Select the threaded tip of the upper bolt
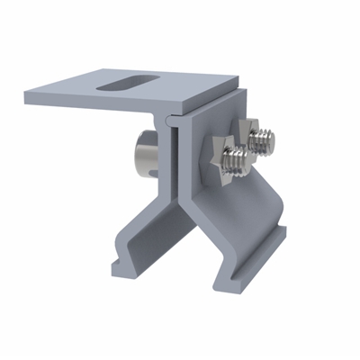pos(266,138)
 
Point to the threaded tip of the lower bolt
pos(238,163)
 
